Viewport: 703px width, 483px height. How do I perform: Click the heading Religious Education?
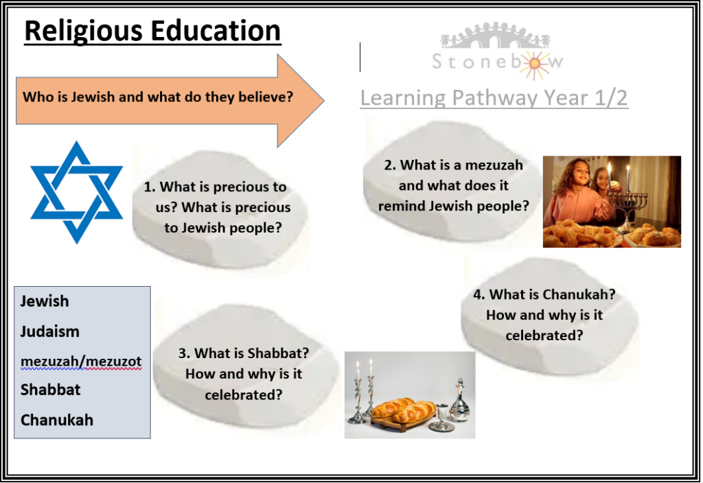tap(152, 31)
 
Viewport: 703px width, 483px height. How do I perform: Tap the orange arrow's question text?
tap(158, 97)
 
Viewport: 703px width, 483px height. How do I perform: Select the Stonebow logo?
tap(496, 51)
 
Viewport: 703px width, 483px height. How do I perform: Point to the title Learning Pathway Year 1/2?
tap(494, 97)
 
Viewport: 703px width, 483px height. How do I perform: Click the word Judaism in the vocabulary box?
tap(49, 331)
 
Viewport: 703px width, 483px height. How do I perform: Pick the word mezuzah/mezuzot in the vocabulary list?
tap(81, 361)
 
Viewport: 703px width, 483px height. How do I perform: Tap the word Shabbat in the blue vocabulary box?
tap(50, 390)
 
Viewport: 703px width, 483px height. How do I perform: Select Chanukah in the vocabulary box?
tap(57, 421)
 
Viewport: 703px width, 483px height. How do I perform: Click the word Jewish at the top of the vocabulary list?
tap(45, 301)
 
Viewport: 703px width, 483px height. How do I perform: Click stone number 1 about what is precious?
tap(220, 209)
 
